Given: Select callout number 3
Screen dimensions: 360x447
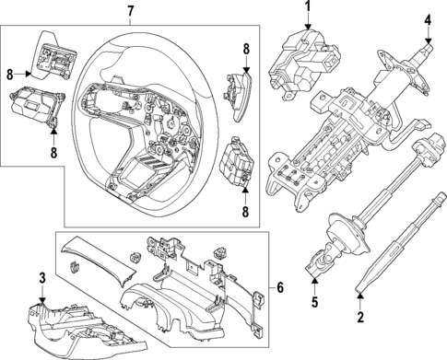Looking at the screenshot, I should (41, 277).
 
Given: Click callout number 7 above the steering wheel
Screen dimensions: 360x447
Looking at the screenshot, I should (130, 11).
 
